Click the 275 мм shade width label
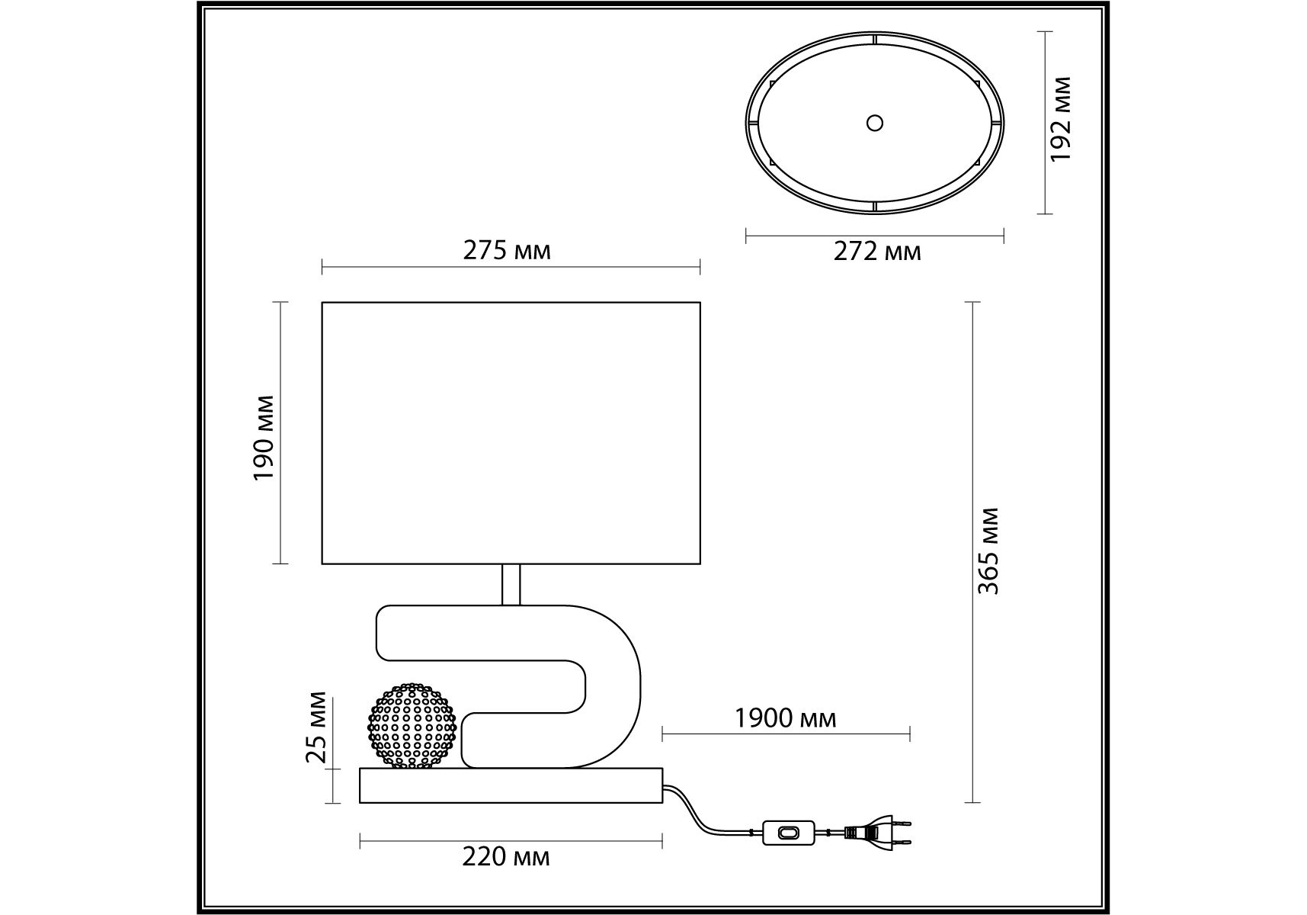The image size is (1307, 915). click(507, 250)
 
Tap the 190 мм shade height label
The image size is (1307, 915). click(263, 438)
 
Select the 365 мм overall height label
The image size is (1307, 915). click(988, 551)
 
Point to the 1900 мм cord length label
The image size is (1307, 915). click(785, 718)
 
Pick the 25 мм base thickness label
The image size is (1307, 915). click(316, 727)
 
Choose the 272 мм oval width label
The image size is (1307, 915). click(876, 251)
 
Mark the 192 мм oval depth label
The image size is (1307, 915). click(1060, 119)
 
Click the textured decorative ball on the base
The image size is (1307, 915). click(412, 725)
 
